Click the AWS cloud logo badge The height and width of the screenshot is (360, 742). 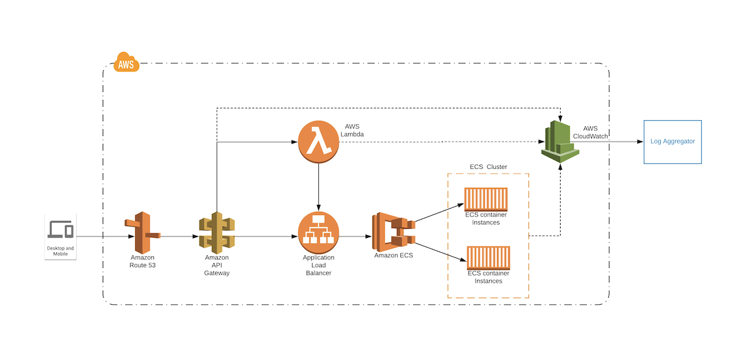125,63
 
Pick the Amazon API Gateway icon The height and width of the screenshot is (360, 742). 216,232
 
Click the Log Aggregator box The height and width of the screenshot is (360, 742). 672,141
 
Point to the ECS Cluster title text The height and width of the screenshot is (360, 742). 488,167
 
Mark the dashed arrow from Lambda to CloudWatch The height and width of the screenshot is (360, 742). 442,141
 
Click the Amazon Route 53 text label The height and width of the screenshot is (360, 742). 142,261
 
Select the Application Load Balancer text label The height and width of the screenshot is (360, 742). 318,265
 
